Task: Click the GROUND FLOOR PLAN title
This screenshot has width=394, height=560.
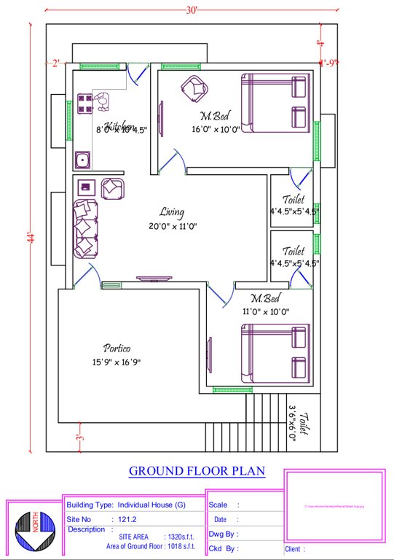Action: pos(197,471)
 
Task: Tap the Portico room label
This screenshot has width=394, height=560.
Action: pos(117,348)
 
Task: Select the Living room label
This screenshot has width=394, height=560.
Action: pos(172,212)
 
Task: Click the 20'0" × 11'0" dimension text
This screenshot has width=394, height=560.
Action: pos(173,226)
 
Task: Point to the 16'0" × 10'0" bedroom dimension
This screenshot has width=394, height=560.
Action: pos(215,130)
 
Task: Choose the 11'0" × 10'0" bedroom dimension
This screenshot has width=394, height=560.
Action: pos(265,311)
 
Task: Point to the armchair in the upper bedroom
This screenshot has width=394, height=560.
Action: pos(194,87)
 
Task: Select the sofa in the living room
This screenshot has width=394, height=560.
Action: pos(84,227)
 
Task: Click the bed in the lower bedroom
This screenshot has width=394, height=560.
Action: pos(275,353)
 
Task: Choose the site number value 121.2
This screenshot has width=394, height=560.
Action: pos(127,518)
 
